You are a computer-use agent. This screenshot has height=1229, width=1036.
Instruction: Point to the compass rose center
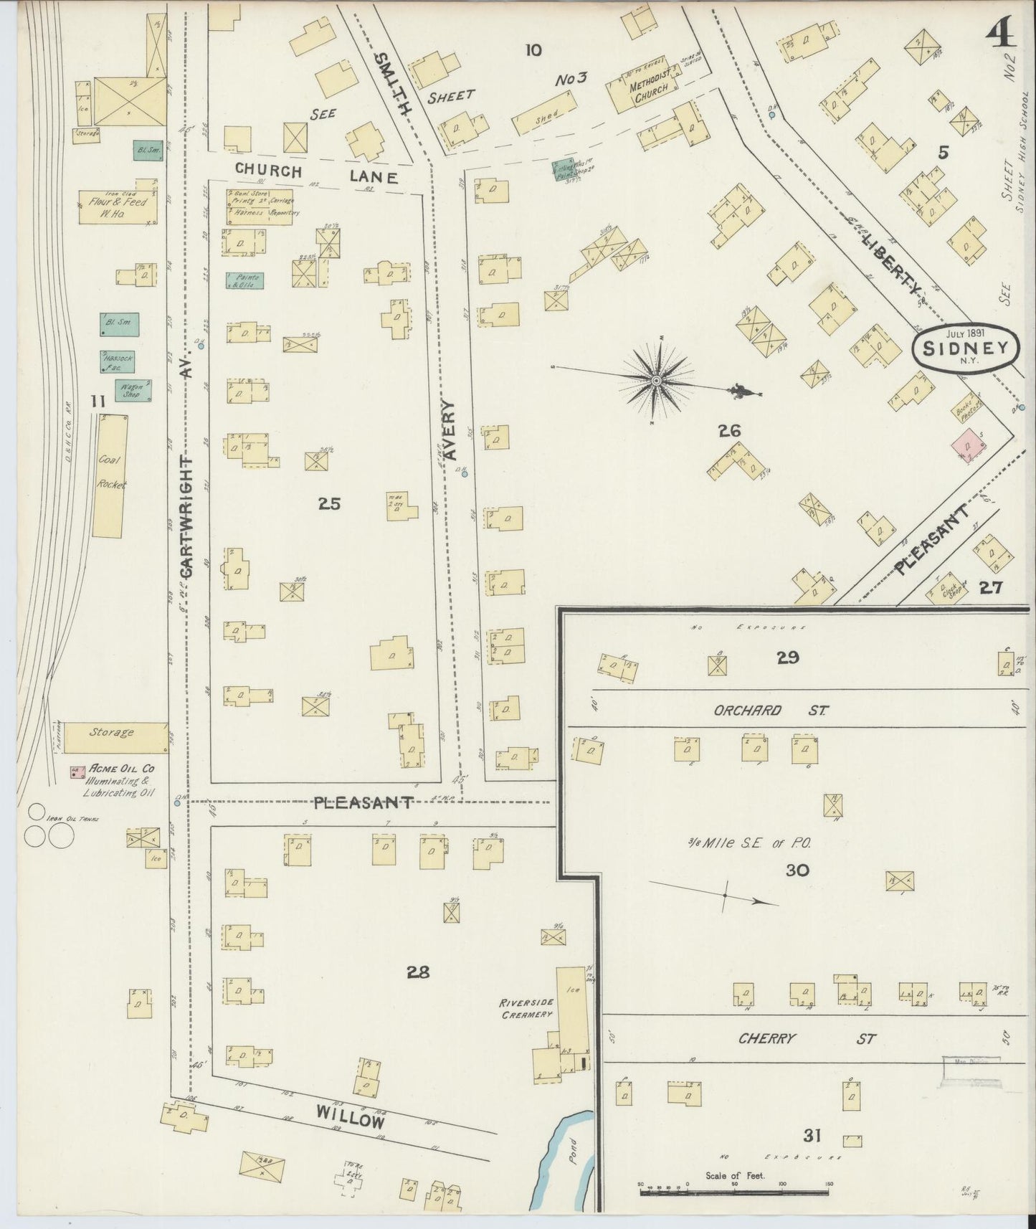click(x=656, y=380)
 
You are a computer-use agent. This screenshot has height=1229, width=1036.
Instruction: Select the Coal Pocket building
click(x=112, y=475)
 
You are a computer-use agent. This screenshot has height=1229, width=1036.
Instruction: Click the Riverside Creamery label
click(x=526, y=1009)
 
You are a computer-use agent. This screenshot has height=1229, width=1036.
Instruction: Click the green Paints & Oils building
click(x=244, y=280)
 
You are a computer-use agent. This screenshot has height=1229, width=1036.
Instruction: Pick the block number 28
click(x=418, y=972)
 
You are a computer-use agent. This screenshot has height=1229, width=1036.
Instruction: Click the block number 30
click(x=797, y=870)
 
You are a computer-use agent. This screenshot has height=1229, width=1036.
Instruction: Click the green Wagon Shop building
click(x=133, y=391)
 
